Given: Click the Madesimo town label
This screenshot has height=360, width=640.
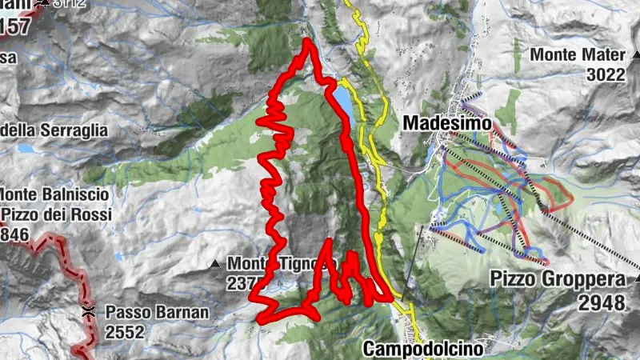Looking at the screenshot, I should pos(436,123).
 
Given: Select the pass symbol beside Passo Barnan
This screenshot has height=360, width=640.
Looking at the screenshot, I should pos(88,312).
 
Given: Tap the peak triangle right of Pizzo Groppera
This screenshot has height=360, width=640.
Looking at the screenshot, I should pos(638,279).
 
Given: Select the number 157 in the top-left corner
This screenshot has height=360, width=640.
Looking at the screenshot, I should pos(15,26).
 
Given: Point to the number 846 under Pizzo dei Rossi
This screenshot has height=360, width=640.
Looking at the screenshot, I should pos(14,234).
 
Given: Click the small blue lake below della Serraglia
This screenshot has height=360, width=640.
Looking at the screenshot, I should pos(26,149).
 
